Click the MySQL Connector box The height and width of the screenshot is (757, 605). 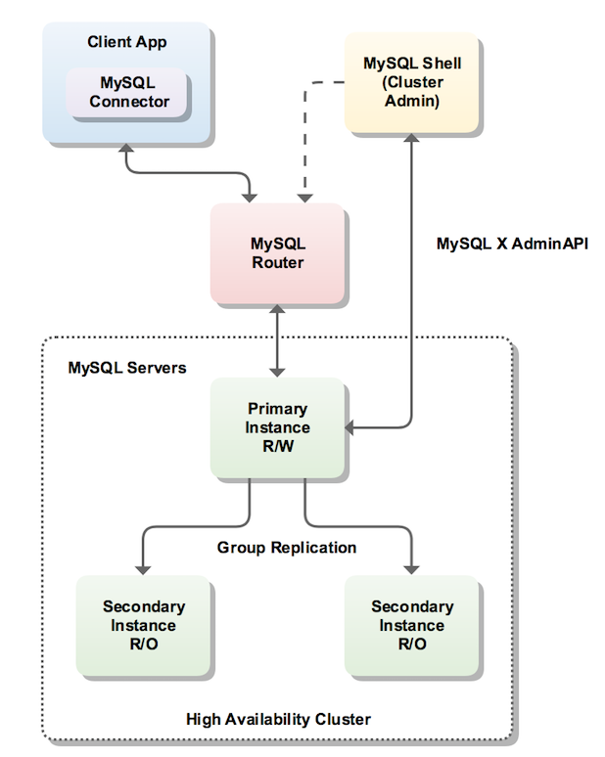click(127, 93)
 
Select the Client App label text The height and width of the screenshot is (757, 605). click(127, 42)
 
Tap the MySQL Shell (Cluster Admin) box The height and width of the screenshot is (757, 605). click(412, 83)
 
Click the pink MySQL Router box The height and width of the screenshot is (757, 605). click(277, 252)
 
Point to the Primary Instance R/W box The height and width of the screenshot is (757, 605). click(277, 427)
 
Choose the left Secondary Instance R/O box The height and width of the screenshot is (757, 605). click(144, 625)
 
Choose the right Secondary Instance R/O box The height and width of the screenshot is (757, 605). click(412, 625)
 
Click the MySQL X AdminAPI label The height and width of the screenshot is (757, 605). click(512, 242)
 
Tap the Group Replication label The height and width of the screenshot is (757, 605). click(287, 548)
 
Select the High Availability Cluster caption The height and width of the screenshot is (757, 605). click(279, 719)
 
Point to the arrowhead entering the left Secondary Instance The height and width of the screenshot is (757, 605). click(144, 566)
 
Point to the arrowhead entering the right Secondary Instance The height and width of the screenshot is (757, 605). click(412, 566)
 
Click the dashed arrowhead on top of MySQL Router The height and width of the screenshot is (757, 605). click(307, 195)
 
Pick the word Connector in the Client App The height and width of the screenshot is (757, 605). click(129, 102)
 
